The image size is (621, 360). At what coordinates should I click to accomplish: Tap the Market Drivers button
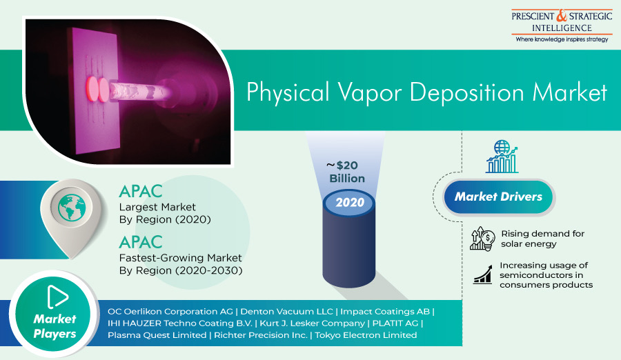coord(498,197)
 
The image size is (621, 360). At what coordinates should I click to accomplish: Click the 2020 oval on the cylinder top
coord(349,203)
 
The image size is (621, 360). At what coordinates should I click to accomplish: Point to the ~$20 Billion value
coord(346,172)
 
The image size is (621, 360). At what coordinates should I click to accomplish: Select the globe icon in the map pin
coord(72,207)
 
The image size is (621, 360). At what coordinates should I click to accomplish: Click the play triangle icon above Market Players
coord(57,297)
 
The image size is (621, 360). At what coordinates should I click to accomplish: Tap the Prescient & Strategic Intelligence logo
coord(562,26)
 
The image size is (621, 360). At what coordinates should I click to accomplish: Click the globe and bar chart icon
coord(502,157)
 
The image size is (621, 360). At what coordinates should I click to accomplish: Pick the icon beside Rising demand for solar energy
coord(482,239)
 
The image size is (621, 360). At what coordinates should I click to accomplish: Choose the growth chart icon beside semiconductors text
coord(482,274)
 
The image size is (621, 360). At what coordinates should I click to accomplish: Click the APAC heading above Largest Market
coord(141,192)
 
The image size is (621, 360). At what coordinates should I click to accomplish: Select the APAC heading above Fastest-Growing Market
coord(141,242)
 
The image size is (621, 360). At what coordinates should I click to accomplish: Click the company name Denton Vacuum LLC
coord(286,312)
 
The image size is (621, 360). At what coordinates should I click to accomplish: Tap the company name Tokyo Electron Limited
coord(366,335)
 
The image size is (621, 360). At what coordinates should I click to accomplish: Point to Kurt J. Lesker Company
coord(312,323)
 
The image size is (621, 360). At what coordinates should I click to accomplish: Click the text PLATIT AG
coord(395,323)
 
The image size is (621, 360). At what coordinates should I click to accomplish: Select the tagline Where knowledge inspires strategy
coord(562,39)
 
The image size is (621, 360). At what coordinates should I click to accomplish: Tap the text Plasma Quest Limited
coord(157,335)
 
